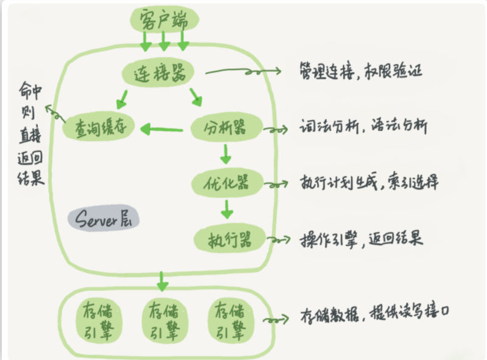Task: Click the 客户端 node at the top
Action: [164, 19]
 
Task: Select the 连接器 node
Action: [158, 72]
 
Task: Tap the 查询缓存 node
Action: [99, 126]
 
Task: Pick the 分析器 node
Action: [226, 127]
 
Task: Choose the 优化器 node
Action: [227, 183]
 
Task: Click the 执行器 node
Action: [230, 239]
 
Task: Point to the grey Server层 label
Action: [103, 218]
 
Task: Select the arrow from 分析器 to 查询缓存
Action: [162, 129]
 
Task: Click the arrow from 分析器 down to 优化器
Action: [226, 154]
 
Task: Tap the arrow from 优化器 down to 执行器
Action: [227, 209]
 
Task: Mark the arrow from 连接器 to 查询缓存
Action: [122, 99]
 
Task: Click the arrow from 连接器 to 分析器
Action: [196, 97]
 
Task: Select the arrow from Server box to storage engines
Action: [162, 281]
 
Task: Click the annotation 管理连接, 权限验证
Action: [361, 71]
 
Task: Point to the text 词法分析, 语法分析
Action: [363, 126]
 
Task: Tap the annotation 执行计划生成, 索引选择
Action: [369, 182]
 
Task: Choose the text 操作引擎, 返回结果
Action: [361, 239]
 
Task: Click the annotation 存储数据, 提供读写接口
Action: [374, 313]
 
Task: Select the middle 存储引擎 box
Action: [164, 320]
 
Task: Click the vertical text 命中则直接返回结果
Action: [30, 133]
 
